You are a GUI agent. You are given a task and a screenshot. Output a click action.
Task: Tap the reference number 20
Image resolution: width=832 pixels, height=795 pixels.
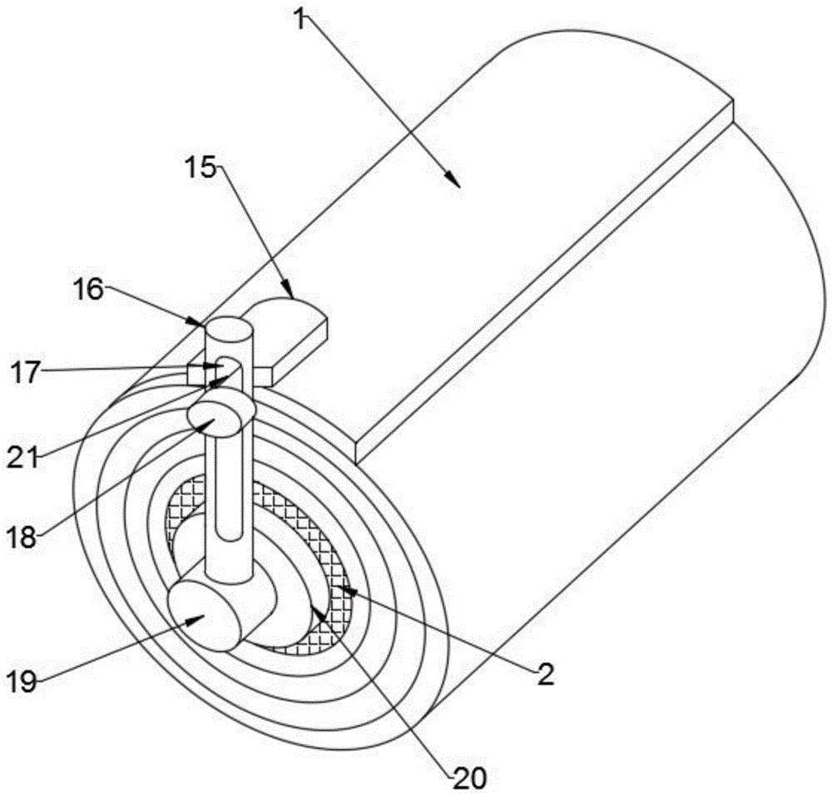(x=469, y=778)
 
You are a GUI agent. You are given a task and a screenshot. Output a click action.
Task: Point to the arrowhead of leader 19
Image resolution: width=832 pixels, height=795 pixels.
(x=201, y=617)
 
